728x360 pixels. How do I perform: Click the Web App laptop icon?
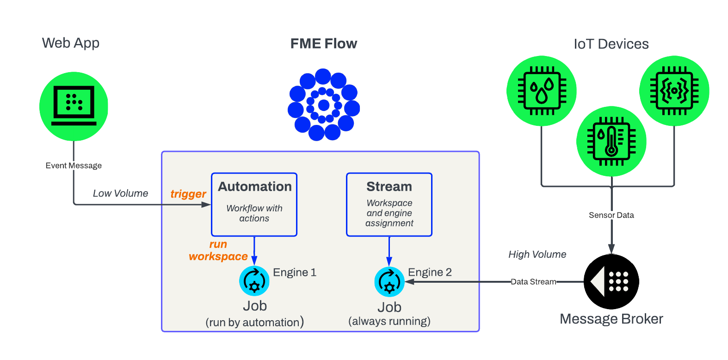pyautogui.click(x=74, y=106)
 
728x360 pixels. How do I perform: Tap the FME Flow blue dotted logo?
pyautogui.click(x=324, y=105)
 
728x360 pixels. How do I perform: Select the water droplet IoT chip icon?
pyautogui.click(x=542, y=91)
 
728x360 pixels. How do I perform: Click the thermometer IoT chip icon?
pyautogui.click(x=611, y=141)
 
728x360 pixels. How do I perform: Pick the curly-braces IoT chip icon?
pyautogui.click(x=674, y=91)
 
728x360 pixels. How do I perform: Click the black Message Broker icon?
pyautogui.click(x=611, y=281)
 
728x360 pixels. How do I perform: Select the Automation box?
pyautogui.click(x=254, y=205)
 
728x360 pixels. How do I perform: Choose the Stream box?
pyautogui.click(x=389, y=205)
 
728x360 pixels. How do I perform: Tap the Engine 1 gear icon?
pyautogui.click(x=254, y=281)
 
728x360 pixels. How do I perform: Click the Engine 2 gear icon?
pyautogui.click(x=389, y=282)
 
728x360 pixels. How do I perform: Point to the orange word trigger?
pyautogui.click(x=188, y=194)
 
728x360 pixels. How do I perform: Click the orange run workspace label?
pyautogui.click(x=218, y=250)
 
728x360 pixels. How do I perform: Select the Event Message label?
pyautogui.click(x=74, y=166)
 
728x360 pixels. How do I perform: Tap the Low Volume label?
pyautogui.click(x=120, y=193)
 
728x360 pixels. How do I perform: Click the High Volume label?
pyautogui.click(x=537, y=254)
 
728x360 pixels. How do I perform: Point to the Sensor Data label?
pyautogui.click(x=611, y=215)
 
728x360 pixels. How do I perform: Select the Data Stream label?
pyautogui.click(x=533, y=282)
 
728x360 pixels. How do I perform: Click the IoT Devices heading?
pyautogui.click(x=611, y=44)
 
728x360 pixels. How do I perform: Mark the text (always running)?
pyautogui.click(x=389, y=321)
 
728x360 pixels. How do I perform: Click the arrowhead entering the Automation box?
pyautogui.click(x=206, y=205)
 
